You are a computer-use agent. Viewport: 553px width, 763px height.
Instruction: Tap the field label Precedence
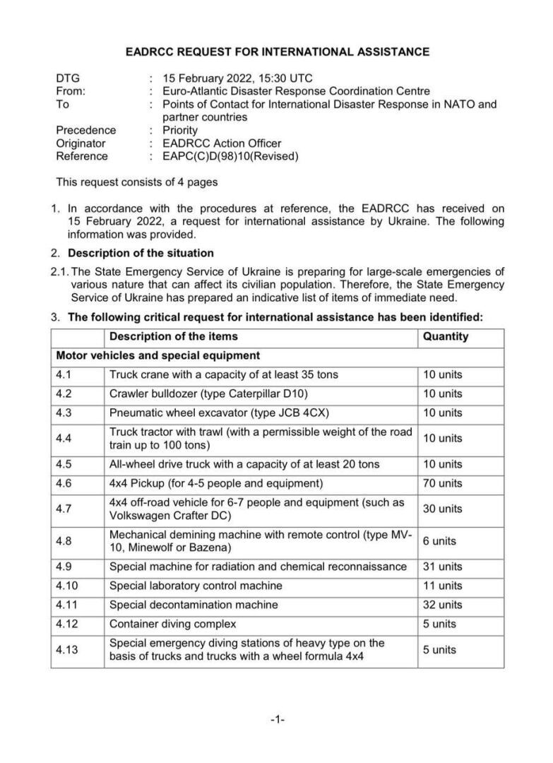coord(86,130)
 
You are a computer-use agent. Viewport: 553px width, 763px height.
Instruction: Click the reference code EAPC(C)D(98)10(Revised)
coord(230,156)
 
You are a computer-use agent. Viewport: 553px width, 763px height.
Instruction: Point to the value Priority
coord(180,130)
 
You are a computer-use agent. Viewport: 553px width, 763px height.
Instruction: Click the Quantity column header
coord(446,336)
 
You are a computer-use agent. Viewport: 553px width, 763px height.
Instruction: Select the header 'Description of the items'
coord(174,336)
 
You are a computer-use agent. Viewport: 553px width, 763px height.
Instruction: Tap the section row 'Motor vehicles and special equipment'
coord(157,355)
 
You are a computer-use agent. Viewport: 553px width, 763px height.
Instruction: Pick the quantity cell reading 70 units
coord(443,483)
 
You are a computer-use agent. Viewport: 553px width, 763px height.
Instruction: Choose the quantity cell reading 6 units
coord(440,540)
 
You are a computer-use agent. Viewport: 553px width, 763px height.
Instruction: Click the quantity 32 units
coord(443,605)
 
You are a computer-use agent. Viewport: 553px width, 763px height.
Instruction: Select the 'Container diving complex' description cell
coord(173,624)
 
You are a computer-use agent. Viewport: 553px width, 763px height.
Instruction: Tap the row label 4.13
coord(68,649)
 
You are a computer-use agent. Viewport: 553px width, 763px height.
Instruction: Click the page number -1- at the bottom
coord(277,720)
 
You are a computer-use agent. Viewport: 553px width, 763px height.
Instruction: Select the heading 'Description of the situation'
coord(141,252)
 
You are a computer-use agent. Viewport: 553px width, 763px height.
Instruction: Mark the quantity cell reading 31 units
coord(443,567)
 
